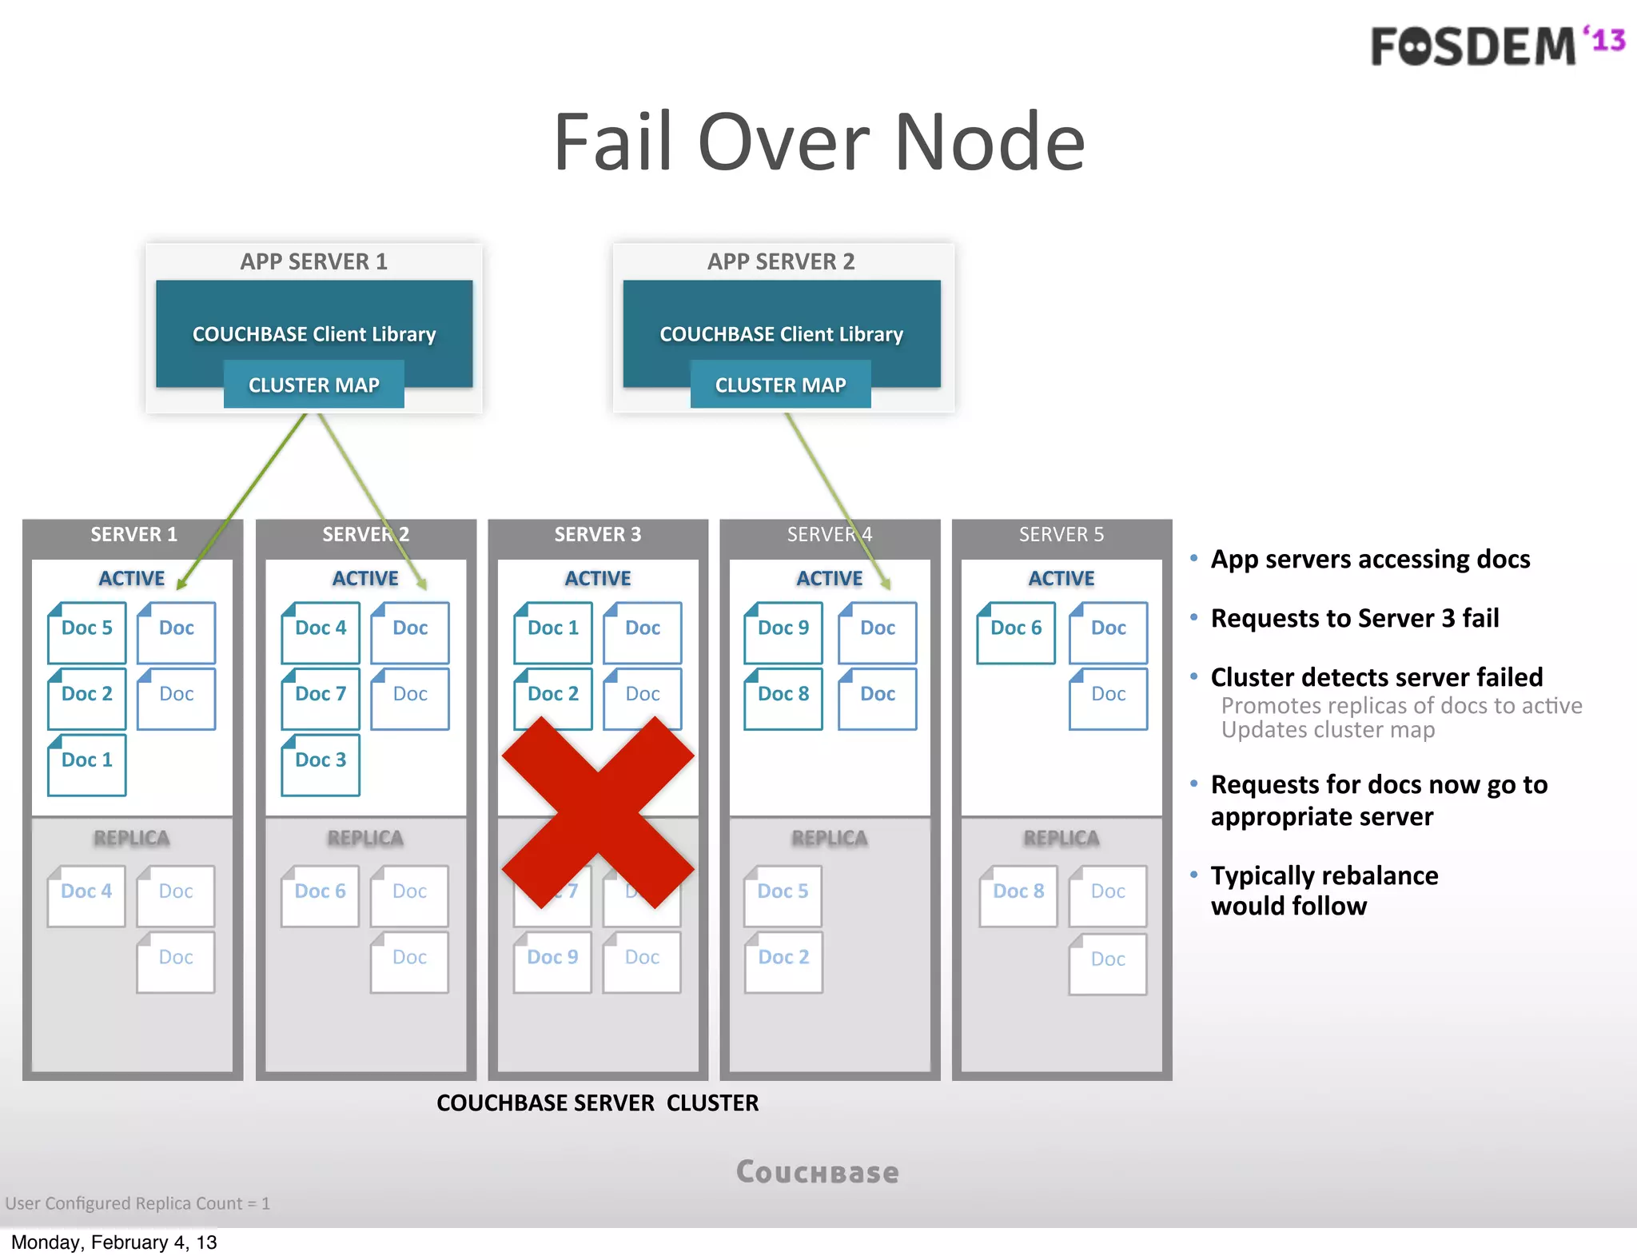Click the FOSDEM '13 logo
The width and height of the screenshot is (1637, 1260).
point(1496,46)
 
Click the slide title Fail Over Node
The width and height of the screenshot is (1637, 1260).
point(818,142)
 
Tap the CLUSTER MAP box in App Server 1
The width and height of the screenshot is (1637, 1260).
point(313,385)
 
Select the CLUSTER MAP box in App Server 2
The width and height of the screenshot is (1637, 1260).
point(780,385)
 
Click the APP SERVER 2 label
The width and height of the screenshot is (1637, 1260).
point(781,261)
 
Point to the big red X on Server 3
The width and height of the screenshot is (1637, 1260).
point(598,811)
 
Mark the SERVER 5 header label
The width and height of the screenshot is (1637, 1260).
point(1061,534)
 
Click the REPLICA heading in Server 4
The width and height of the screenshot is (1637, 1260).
point(829,838)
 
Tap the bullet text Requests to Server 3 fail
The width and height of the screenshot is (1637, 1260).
point(1354,618)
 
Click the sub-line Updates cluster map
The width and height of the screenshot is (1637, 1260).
point(1328,730)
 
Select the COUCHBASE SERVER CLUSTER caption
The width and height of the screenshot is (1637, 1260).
point(597,1102)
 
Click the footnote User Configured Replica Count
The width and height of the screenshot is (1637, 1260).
point(137,1203)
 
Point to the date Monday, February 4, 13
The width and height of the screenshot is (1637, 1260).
point(114,1242)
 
